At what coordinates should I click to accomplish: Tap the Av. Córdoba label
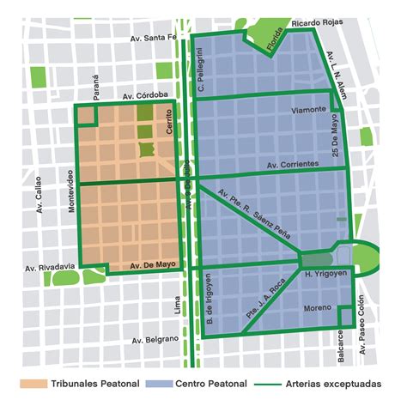(145, 95)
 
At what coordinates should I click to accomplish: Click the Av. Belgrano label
(155, 339)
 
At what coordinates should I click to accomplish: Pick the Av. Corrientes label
(295, 163)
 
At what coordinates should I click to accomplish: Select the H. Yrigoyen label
(324, 275)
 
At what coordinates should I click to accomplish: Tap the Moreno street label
(317, 307)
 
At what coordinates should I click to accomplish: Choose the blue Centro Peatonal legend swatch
(160, 384)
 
